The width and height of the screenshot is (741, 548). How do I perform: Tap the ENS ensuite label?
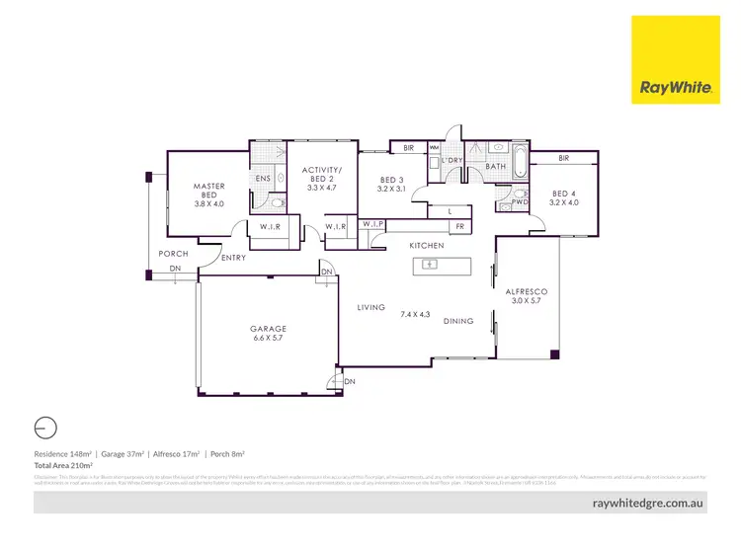[x=264, y=179]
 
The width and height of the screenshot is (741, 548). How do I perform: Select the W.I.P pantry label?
[x=371, y=224]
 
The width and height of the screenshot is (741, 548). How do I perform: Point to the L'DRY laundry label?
[x=452, y=160]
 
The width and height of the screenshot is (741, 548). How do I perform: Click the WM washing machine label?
[x=434, y=148]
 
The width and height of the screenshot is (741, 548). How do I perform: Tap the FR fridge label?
[x=459, y=226]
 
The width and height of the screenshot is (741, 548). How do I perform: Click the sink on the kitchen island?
[x=429, y=265]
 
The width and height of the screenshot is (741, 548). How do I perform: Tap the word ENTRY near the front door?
[x=234, y=258]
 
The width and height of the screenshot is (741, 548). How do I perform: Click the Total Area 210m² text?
[x=64, y=464]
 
